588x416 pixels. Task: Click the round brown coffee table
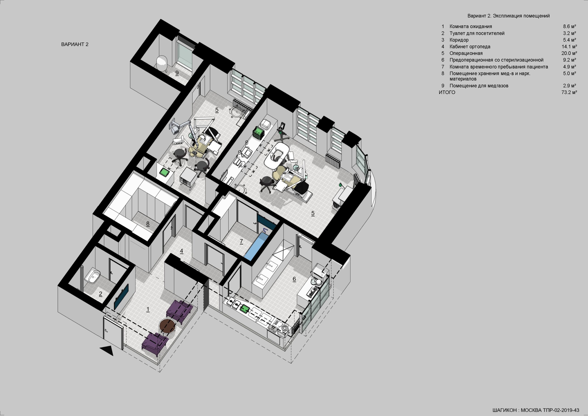pos(167,326)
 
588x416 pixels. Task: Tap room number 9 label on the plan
pos(177,73)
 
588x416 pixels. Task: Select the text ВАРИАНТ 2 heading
pos(75,44)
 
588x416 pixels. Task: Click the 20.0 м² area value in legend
pos(569,53)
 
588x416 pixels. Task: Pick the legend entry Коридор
pos(459,40)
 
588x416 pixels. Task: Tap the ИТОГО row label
pos(447,92)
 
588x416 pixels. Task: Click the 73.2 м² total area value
pos(569,92)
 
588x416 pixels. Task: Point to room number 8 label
pos(148,224)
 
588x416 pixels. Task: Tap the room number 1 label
pos(148,309)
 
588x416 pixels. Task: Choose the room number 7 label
pos(241,241)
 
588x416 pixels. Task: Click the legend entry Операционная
pos(466,53)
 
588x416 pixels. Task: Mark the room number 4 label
pos(181,251)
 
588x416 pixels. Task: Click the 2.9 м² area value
pos(570,86)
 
